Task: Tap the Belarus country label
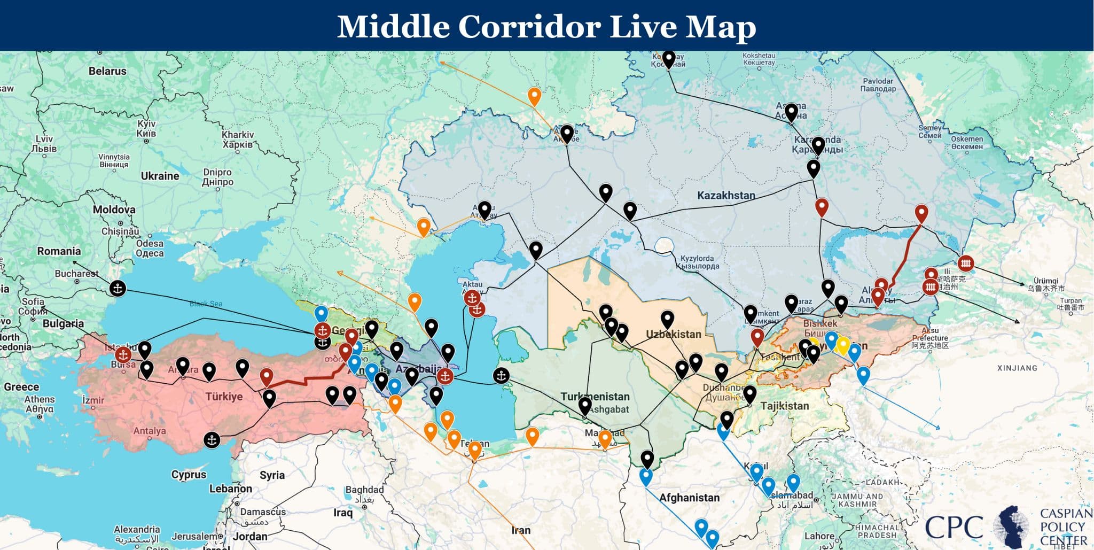click(x=107, y=71)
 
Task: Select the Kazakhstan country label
click(x=726, y=196)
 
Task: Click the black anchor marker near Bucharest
click(x=118, y=289)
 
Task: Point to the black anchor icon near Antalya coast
click(x=212, y=440)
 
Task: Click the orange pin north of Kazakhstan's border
click(x=534, y=96)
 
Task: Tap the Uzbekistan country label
click(x=674, y=335)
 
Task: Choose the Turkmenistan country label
click(x=595, y=397)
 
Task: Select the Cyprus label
click(x=189, y=475)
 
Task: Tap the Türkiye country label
click(x=224, y=397)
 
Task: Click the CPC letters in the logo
click(x=954, y=526)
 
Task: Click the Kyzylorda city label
click(x=697, y=262)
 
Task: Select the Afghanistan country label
click(x=689, y=498)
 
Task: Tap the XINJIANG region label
click(x=1017, y=368)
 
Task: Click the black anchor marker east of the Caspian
click(x=501, y=376)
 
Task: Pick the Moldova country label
click(x=114, y=210)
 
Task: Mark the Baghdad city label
click(x=364, y=490)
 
